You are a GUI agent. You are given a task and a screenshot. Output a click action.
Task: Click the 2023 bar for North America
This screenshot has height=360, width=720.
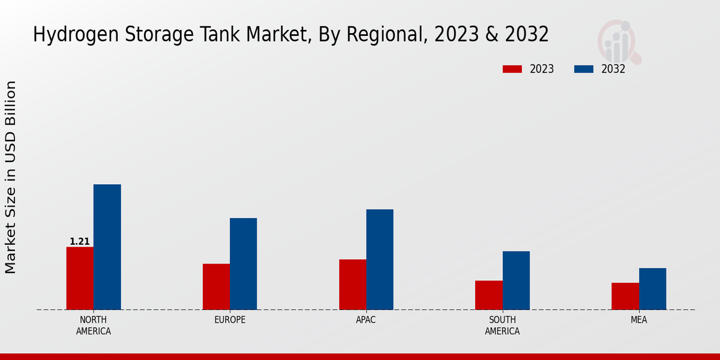pos(80,278)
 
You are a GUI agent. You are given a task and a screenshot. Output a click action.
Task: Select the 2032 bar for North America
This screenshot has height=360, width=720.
pos(107,247)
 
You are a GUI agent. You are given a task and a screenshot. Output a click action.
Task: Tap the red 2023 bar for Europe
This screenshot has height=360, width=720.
pos(216,287)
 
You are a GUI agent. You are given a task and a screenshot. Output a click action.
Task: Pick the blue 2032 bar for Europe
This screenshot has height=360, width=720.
pos(243,264)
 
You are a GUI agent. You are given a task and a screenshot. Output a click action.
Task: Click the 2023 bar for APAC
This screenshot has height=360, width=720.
pos(352,284)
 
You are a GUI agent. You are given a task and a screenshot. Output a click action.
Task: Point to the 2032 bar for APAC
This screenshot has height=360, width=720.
pos(380,260)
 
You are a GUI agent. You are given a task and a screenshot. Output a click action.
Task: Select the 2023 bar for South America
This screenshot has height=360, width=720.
pos(488,295)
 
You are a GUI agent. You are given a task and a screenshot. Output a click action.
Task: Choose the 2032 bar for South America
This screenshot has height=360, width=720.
pos(516,280)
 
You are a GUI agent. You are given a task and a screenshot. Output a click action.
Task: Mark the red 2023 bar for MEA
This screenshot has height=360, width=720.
pos(625,296)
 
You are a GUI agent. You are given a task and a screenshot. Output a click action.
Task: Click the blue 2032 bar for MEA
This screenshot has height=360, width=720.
pos(652,289)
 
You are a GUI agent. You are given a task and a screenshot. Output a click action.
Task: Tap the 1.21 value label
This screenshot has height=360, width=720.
pos(80,242)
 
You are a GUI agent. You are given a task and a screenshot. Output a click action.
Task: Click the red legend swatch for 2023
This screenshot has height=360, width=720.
pos(512,69)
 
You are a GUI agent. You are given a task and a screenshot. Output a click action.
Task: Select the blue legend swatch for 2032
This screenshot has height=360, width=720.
pos(584,69)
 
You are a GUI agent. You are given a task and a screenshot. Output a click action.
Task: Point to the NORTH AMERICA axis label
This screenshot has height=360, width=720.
pos(94,325)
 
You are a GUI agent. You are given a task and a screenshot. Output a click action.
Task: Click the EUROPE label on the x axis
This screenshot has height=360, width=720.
pos(230,320)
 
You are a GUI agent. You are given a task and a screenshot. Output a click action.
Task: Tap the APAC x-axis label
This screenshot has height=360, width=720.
pos(366,320)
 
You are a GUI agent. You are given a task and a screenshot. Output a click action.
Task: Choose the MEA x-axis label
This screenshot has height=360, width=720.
pos(639,320)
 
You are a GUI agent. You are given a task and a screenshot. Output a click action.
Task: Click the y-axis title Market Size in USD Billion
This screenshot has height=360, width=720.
pos(11,178)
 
